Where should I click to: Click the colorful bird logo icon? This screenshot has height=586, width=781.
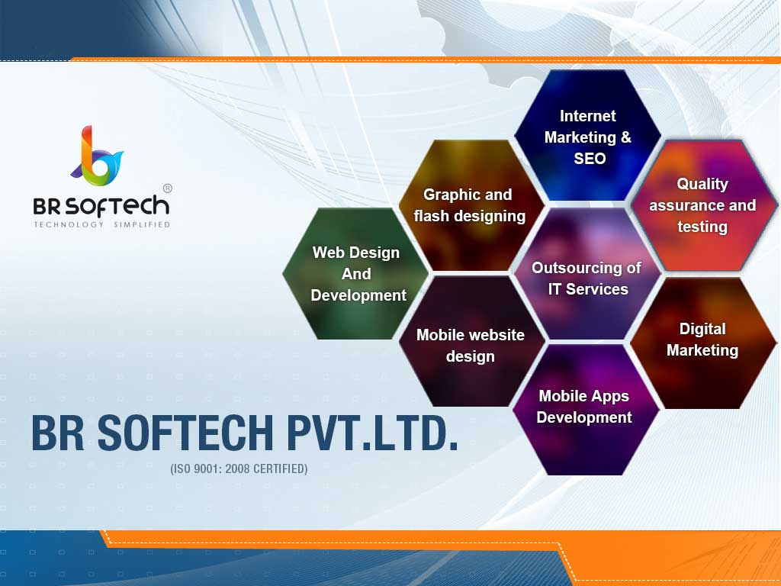pyautogui.click(x=97, y=156)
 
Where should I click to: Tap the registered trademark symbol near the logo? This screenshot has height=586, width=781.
pyautogui.click(x=167, y=188)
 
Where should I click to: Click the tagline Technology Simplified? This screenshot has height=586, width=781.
pyautogui.click(x=101, y=225)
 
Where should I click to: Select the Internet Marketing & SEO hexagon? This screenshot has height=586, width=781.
pyautogui.click(x=588, y=137)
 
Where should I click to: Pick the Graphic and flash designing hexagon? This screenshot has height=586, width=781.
pyautogui.click(x=470, y=205)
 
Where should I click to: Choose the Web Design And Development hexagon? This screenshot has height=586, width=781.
pyautogui.click(x=356, y=273)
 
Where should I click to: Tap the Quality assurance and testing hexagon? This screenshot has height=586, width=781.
pyautogui.click(x=702, y=205)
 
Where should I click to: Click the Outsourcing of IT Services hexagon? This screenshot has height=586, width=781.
pyautogui.click(x=587, y=278)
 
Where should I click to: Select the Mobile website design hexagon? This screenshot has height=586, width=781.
pyautogui.click(x=471, y=345)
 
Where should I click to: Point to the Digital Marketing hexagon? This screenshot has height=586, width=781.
pyautogui.click(x=702, y=340)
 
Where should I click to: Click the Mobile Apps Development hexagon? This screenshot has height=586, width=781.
pyautogui.click(x=584, y=407)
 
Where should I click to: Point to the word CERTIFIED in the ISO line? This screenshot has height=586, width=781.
pyautogui.click(x=280, y=468)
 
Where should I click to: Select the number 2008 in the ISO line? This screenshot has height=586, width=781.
pyautogui.click(x=236, y=468)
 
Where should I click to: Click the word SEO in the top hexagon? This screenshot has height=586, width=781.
pyautogui.click(x=590, y=159)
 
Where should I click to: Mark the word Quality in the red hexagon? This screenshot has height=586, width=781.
pyautogui.click(x=702, y=184)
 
